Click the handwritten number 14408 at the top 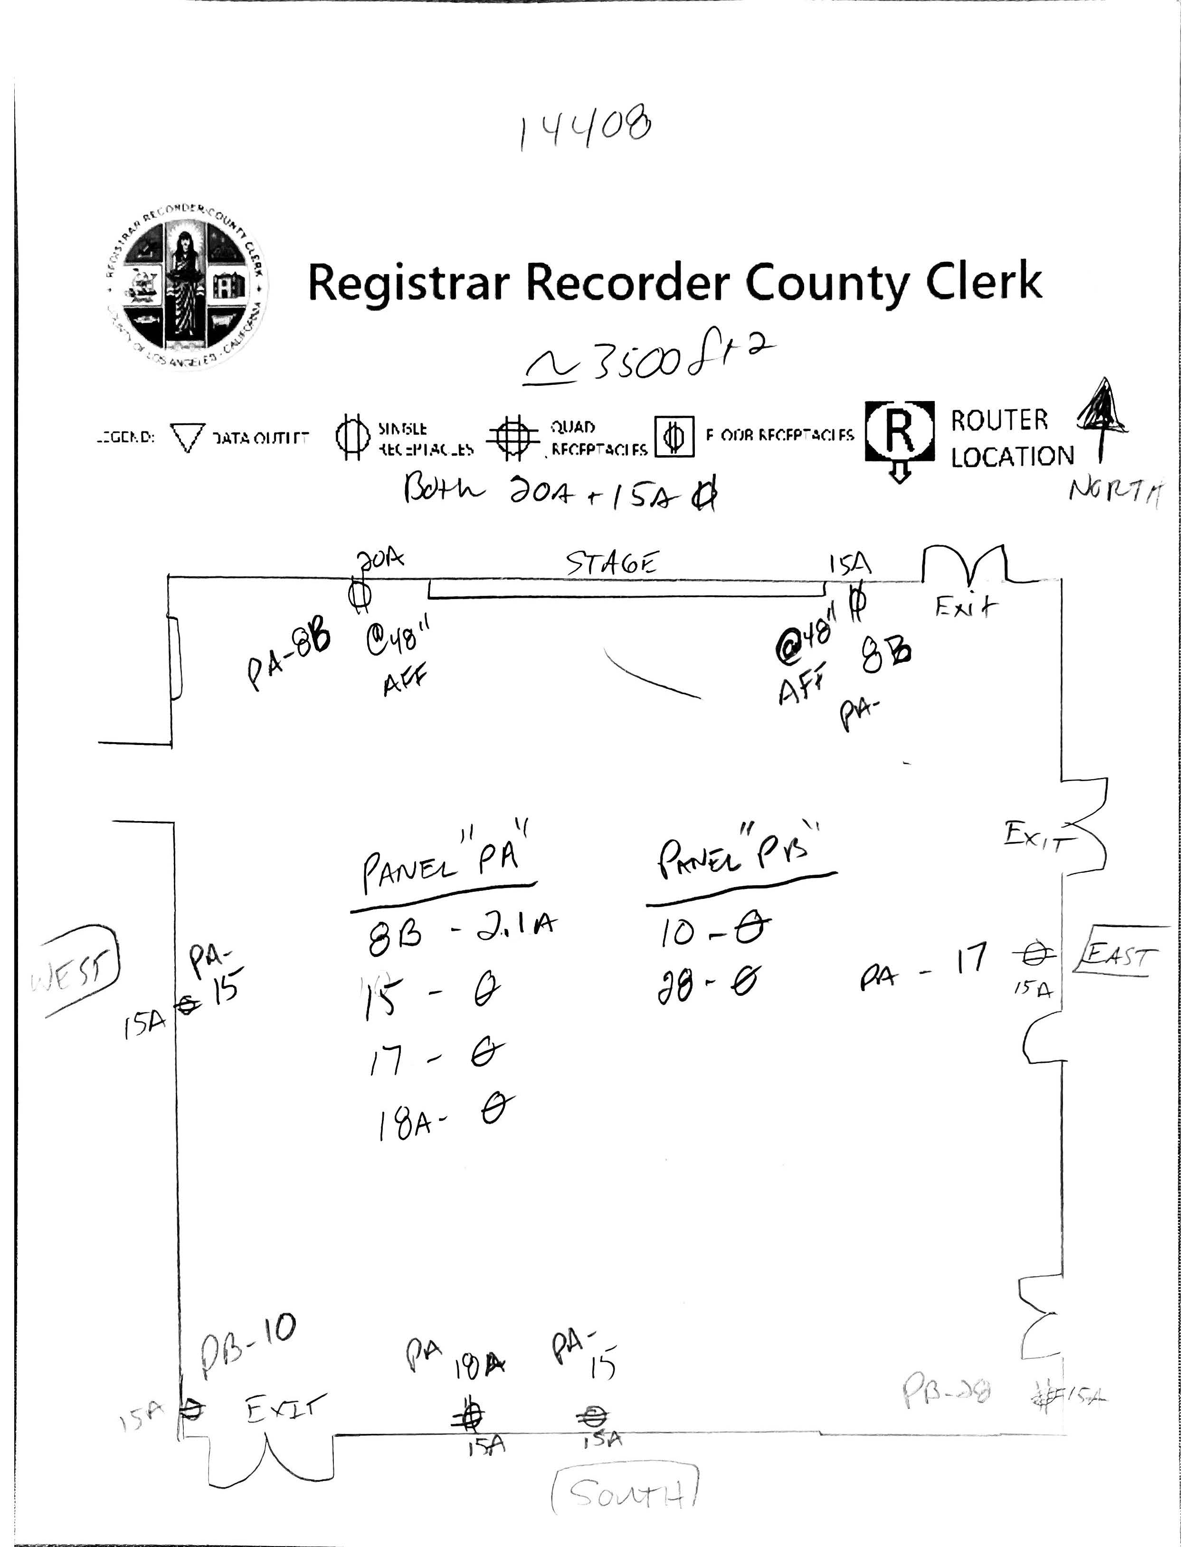click(585, 127)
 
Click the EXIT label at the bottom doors click(286, 1408)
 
